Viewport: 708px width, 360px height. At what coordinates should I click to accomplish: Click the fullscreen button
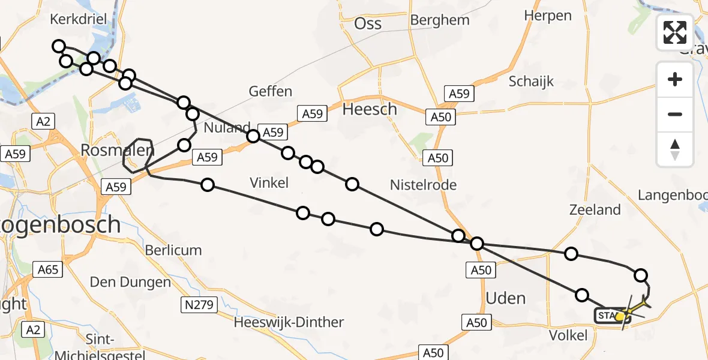(675, 32)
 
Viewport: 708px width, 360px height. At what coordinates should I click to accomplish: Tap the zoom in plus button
(675, 80)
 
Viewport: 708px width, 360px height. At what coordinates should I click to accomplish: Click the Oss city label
(368, 23)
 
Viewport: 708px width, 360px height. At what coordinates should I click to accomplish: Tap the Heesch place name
(369, 109)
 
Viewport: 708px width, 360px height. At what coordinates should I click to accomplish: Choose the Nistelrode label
(423, 185)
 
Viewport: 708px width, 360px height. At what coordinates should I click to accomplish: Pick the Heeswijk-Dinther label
(289, 322)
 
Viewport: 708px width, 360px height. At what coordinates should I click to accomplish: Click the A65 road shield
(47, 269)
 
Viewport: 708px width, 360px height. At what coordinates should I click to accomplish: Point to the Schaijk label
(531, 82)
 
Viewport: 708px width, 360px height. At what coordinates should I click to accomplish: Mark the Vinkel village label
(269, 183)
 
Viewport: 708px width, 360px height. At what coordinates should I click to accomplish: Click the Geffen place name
(270, 91)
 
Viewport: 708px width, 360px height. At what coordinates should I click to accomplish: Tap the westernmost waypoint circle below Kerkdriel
(58, 46)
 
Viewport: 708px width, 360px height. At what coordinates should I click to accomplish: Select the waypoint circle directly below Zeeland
(571, 254)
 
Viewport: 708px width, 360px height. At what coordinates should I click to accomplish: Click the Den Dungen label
(130, 281)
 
